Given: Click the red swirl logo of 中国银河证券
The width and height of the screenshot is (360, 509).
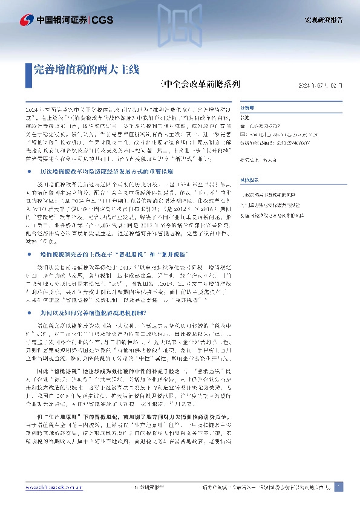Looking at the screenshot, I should point(26,21).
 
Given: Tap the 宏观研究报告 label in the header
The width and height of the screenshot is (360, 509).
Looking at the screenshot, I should point(322,21).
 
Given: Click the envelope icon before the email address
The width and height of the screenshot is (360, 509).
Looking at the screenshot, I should point(244,135).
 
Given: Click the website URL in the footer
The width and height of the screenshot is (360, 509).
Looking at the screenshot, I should point(57,487).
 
